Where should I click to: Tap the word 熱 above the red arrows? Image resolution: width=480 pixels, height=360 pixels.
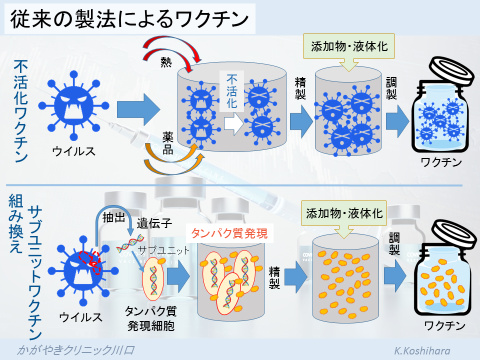tap(168, 61)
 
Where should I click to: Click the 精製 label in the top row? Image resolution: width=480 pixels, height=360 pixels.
tap(299, 92)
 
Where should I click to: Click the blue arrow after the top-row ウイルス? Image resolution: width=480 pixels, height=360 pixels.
tap(138, 108)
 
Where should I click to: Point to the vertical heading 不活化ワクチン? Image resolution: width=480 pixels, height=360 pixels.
tap(22, 110)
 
